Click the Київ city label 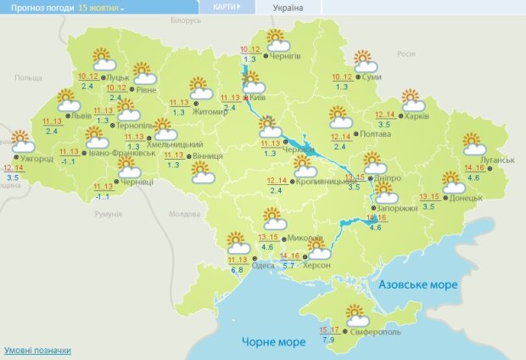coord(259,98)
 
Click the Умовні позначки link coord(37,350)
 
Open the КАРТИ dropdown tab coord(225,7)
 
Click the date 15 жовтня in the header coord(100,7)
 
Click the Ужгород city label coord(36,159)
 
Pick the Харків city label coord(416,116)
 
